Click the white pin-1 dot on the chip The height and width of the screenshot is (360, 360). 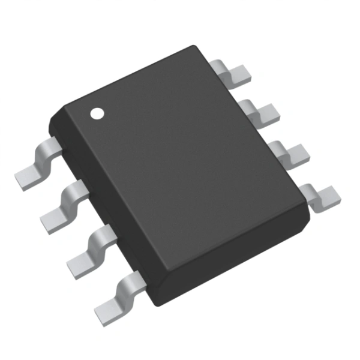point(96,112)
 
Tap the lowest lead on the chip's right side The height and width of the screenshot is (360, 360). point(321,196)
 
